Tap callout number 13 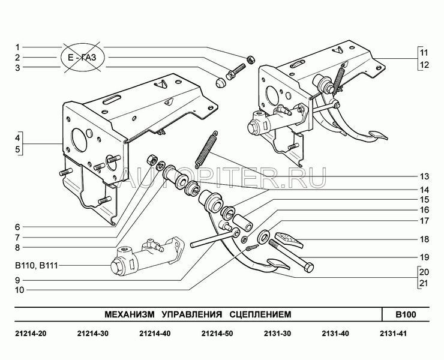click(424, 176)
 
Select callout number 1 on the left click(18, 47)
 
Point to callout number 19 click(424, 257)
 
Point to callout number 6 click(18, 227)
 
